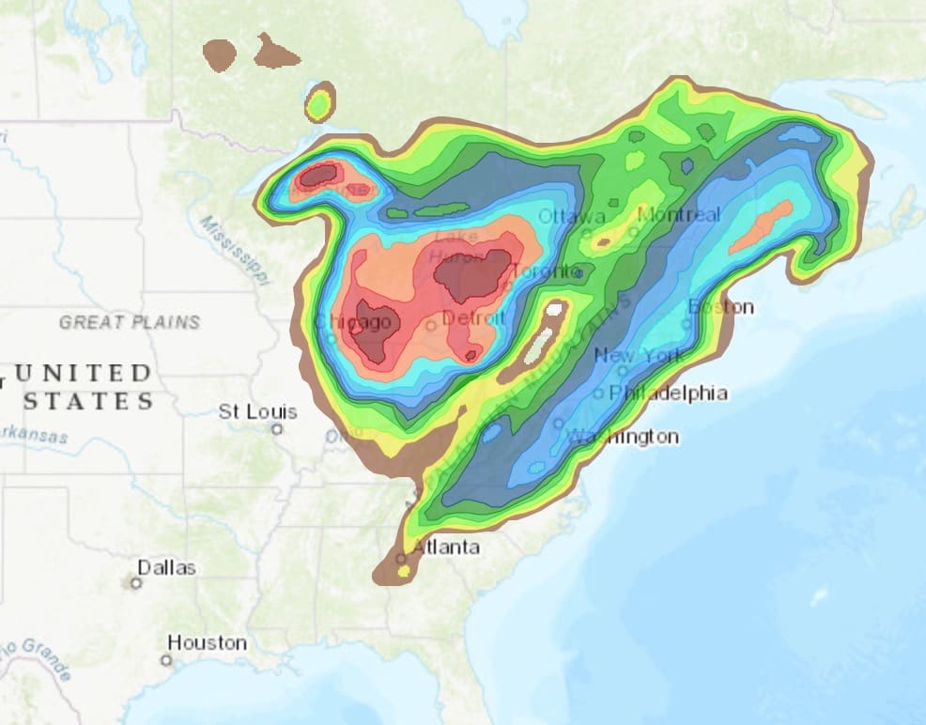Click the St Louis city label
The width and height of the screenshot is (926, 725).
(x=257, y=411)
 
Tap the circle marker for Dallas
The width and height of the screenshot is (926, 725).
(x=136, y=583)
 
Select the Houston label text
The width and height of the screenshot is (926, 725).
(x=207, y=643)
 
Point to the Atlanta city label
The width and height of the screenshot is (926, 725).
(x=446, y=548)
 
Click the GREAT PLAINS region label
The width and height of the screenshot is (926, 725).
(x=130, y=322)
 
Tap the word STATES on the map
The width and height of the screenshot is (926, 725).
(x=88, y=402)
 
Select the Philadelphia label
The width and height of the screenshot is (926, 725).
(x=669, y=393)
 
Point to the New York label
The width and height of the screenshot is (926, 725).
(x=640, y=356)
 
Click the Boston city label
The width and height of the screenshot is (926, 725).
(x=720, y=307)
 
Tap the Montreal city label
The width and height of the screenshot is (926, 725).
(x=679, y=215)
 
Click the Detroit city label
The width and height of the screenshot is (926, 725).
(x=473, y=318)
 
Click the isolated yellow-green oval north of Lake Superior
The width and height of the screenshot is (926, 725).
(x=320, y=101)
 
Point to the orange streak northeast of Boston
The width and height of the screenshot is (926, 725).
(x=761, y=225)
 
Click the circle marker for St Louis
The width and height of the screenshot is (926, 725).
(x=277, y=429)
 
